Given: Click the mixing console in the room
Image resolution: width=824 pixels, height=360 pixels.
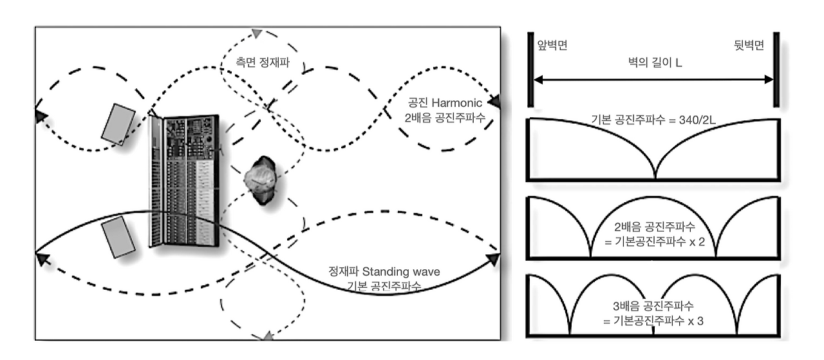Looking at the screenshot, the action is coord(185,180).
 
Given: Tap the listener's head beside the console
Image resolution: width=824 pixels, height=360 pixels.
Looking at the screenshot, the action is coord(261,180).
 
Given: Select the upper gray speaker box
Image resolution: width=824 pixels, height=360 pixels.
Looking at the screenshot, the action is coord(118,124).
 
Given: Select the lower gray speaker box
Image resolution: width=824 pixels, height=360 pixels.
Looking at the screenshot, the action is coord(118,237).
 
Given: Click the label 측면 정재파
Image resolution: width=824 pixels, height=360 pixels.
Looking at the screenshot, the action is coord(263,62).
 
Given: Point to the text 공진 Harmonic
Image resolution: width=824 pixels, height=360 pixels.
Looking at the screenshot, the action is coord(445,102).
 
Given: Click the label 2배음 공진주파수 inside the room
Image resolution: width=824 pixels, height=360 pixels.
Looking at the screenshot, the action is coord(445,118).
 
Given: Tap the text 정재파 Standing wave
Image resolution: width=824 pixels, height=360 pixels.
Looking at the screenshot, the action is coord(384,272).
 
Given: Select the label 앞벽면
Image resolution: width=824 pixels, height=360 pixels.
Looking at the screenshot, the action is coord(552,45).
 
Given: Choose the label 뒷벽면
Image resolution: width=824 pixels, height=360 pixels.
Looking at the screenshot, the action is coord(749,45).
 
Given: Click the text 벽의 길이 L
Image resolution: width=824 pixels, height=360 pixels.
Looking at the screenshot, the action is coord(655,62).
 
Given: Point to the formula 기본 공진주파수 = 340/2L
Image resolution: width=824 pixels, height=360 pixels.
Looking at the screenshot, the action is coord(653,120).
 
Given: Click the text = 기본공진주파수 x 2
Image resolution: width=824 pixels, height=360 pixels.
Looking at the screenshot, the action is coord(655,242).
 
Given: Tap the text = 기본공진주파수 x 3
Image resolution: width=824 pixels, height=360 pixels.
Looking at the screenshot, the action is coord(653,321).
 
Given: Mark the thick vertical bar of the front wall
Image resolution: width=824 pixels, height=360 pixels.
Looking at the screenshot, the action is coord(530,70).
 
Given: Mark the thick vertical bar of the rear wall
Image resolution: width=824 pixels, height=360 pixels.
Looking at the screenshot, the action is coord(776,70).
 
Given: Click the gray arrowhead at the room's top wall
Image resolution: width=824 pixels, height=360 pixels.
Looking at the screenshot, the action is coord(257,33).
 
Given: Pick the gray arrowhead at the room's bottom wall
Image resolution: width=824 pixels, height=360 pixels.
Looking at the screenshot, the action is coord(268,336).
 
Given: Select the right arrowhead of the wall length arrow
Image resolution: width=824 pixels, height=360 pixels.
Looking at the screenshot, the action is coord(769,79).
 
